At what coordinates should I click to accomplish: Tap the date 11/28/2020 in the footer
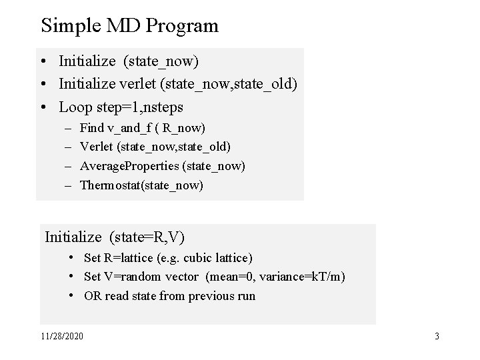(62, 337)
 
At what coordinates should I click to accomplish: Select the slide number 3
(437, 337)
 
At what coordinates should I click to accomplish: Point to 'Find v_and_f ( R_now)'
(143, 127)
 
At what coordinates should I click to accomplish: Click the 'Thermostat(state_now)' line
(141, 185)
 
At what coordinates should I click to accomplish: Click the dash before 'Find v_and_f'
(68, 127)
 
